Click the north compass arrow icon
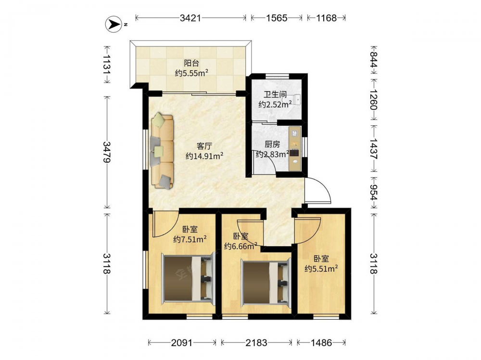(x=114, y=24)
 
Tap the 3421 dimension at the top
(x=190, y=18)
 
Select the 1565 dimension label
(x=277, y=18)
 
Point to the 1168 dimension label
(x=327, y=18)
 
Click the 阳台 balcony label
(x=191, y=63)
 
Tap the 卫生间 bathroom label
(x=275, y=95)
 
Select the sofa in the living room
(x=162, y=151)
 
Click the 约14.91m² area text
(x=204, y=156)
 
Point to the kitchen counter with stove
(x=295, y=149)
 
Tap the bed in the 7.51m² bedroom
(x=187, y=277)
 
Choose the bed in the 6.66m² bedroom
(x=266, y=281)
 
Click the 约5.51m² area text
(x=321, y=269)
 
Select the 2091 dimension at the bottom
(x=182, y=343)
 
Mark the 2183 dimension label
(x=256, y=343)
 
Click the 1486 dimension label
(x=321, y=343)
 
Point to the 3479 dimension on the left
(x=107, y=152)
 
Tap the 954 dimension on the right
(x=374, y=192)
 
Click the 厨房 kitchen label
(x=272, y=144)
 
